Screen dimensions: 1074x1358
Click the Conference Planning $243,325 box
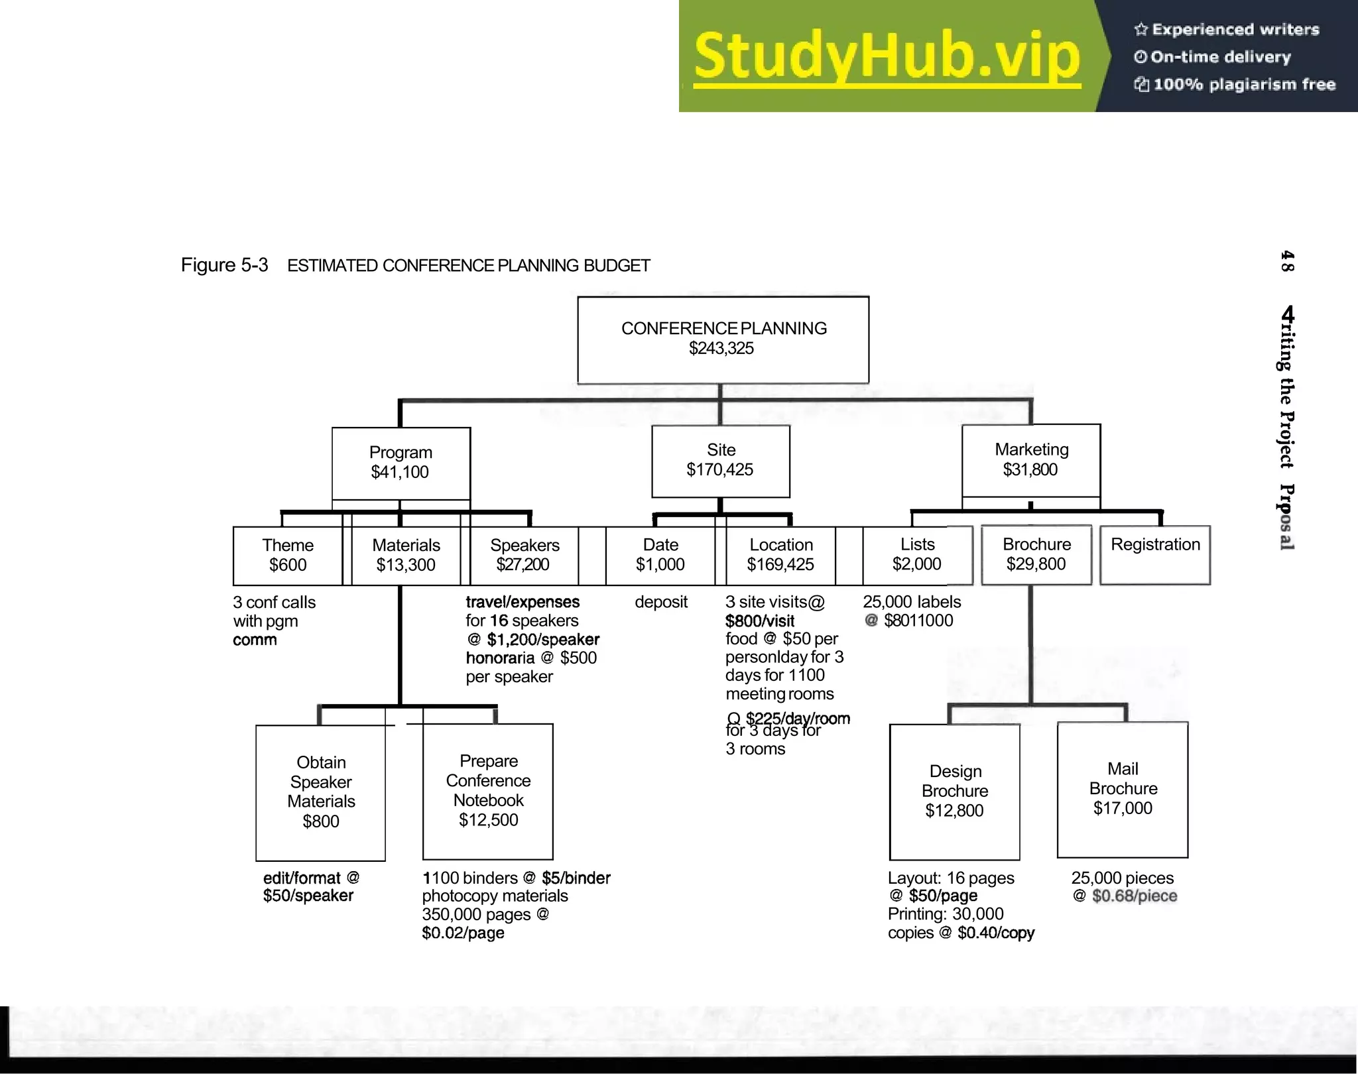click(x=723, y=339)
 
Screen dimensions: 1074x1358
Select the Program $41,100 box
click(x=401, y=462)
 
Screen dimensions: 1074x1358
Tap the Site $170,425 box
click(x=720, y=460)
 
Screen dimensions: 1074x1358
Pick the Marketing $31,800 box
click(x=1030, y=459)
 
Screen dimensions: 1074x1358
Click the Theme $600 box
click(x=287, y=555)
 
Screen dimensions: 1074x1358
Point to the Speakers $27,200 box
click(x=524, y=555)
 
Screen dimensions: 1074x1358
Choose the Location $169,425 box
click(x=780, y=555)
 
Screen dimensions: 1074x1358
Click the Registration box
click(x=1154, y=554)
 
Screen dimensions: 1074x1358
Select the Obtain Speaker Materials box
click(x=320, y=792)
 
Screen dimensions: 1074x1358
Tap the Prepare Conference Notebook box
click(x=488, y=790)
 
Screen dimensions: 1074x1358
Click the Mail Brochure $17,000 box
click(x=1122, y=789)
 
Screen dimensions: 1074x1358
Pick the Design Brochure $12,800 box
click(x=954, y=791)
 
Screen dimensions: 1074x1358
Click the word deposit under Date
click(x=660, y=602)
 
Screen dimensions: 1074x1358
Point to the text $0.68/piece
click(x=1134, y=896)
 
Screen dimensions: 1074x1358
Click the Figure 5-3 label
click(x=224, y=265)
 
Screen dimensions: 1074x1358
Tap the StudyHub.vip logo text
click(x=887, y=57)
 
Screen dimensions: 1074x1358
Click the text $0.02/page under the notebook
click(x=463, y=933)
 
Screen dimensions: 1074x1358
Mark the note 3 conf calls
click(x=274, y=603)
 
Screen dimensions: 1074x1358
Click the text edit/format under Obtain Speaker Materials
click(x=302, y=878)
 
